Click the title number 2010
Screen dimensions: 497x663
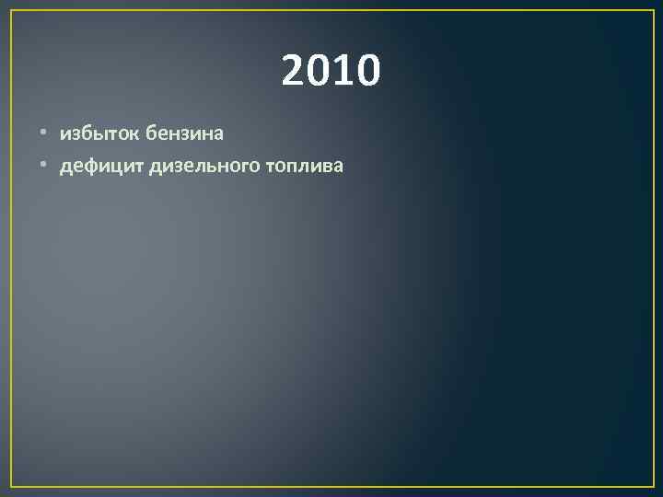331,70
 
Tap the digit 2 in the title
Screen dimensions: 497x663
294,70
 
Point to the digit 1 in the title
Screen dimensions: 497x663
343,70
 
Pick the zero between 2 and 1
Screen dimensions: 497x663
319,70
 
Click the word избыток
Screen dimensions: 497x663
99,133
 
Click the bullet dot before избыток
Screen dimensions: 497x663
43,134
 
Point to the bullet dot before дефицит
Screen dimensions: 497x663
43,167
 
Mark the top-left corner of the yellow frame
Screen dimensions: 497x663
11,11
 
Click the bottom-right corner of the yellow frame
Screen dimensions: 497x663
653,486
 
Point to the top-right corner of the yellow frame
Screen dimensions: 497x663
653,11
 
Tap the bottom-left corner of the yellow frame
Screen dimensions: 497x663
11,486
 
